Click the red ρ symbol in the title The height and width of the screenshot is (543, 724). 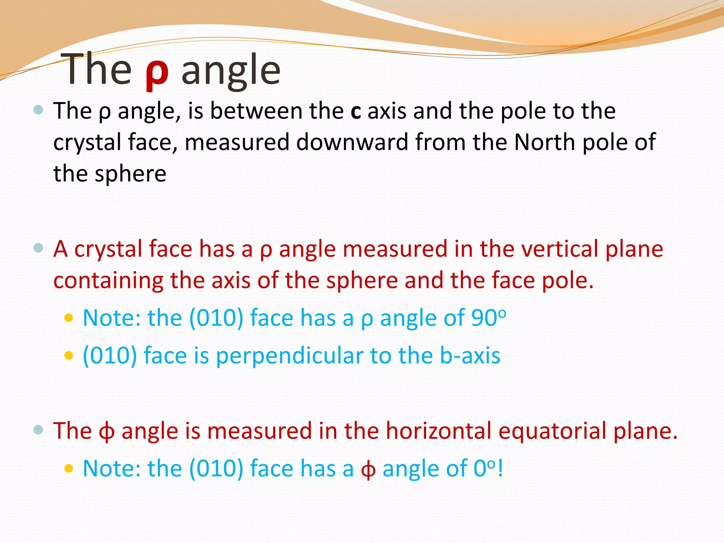(157, 72)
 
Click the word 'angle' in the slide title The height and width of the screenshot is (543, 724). (231, 71)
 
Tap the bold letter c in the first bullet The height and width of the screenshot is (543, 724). (355, 112)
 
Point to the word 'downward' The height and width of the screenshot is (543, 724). (352, 142)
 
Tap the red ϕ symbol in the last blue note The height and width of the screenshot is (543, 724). (368, 469)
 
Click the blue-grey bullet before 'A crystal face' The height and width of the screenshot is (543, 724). (38, 248)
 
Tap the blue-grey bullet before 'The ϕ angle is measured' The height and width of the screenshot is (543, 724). (38, 430)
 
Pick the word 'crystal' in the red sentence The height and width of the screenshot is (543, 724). (108, 249)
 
